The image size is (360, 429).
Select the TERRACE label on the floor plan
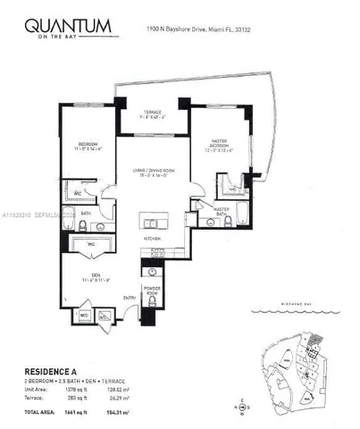pyautogui.click(x=149, y=112)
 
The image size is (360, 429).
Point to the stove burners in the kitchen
pyautogui.click(x=153, y=251)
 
